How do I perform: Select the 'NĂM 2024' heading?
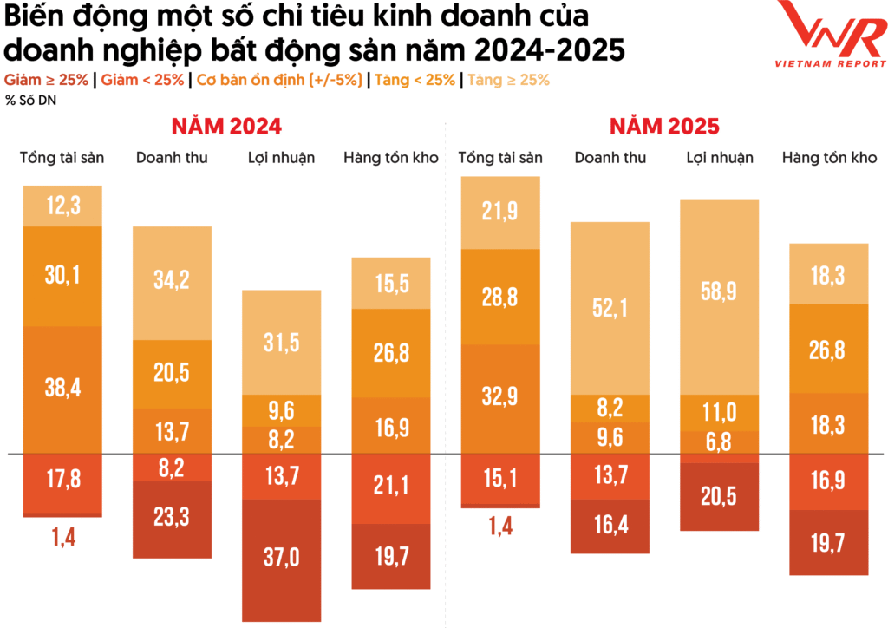pyautogui.click(x=225, y=126)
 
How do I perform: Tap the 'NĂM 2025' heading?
pyautogui.click(x=663, y=126)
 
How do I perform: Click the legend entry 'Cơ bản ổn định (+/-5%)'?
pyautogui.click(x=278, y=80)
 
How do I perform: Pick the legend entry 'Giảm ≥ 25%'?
pyautogui.click(x=48, y=80)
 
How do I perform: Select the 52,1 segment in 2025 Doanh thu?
pyautogui.click(x=610, y=308)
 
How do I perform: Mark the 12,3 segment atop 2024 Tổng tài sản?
pyautogui.click(x=62, y=206)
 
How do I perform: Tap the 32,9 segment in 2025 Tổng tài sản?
pyautogui.click(x=500, y=398)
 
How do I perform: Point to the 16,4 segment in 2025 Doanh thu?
pyautogui.click(x=610, y=526)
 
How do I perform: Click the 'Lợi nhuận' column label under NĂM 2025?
pyautogui.click(x=720, y=158)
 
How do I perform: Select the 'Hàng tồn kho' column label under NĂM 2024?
pyautogui.click(x=390, y=158)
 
